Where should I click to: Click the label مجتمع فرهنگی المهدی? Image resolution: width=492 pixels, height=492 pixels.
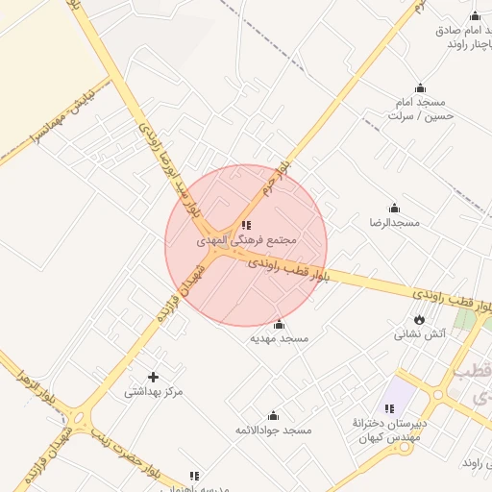click(x=248, y=238)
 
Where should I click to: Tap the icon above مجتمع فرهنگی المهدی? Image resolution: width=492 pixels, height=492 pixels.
click(x=246, y=224)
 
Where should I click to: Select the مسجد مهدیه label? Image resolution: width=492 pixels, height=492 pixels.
click(x=279, y=338)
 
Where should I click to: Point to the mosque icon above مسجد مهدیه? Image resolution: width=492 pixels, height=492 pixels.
click(x=279, y=324)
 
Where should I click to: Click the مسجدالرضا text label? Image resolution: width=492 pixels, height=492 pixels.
click(x=395, y=222)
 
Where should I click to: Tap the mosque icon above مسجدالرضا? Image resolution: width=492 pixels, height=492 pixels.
click(x=393, y=208)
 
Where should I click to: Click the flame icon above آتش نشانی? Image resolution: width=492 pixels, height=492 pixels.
click(x=419, y=319)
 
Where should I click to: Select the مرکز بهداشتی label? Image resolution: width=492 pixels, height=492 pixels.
click(x=154, y=391)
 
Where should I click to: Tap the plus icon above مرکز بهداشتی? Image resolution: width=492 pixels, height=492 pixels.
click(x=153, y=377)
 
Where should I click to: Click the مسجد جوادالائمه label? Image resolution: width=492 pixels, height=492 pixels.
click(x=274, y=430)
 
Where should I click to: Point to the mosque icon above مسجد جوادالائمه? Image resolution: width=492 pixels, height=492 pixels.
click(x=273, y=415)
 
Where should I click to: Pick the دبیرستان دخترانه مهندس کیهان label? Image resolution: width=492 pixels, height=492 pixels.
click(x=389, y=430)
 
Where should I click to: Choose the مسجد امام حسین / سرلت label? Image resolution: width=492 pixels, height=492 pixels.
click(x=420, y=108)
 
